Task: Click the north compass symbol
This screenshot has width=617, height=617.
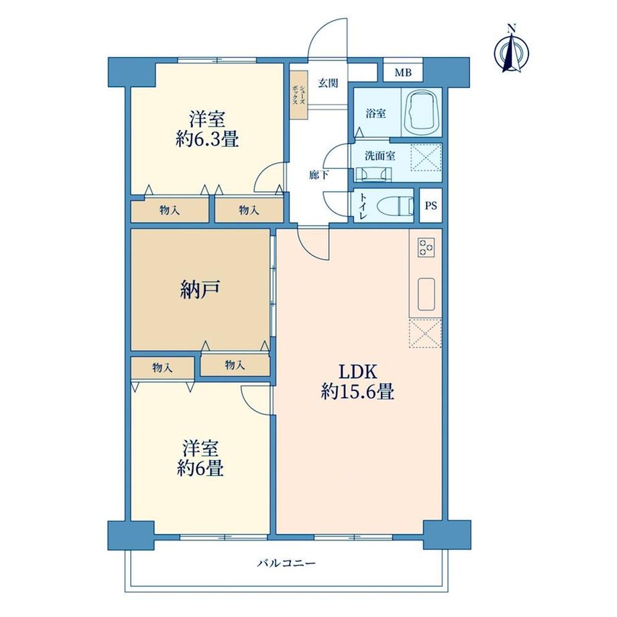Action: pyautogui.click(x=512, y=50)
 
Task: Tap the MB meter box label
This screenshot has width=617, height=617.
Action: pyautogui.click(x=403, y=73)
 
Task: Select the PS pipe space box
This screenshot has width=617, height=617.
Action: pyautogui.click(x=431, y=205)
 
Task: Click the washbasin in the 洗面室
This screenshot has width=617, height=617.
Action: pyautogui.click(x=374, y=174)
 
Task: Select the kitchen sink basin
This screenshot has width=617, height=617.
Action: pyautogui.click(x=426, y=294)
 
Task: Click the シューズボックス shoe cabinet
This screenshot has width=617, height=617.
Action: pyautogui.click(x=298, y=95)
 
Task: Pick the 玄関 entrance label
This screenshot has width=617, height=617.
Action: pyautogui.click(x=328, y=83)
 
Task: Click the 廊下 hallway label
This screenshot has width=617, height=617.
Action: pyautogui.click(x=319, y=175)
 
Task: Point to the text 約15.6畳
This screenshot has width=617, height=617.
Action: pyautogui.click(x=357, y=392)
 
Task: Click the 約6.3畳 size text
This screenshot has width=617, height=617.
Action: pyautogui.click(x=207, y=139)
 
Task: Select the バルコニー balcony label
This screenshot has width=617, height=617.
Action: pyautogui.click(x=286, y=563)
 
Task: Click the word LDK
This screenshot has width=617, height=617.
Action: pyautogui.click(x=358, y=372)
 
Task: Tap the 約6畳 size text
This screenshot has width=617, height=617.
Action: pyautogui.click(x=201, y=468)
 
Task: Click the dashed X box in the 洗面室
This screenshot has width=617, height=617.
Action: pyautogui.click(x=426, y=158)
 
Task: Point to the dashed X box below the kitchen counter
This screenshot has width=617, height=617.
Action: pyautogui.click(x=425, y=333)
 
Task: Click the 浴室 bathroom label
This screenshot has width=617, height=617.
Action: pyautogui.click(x=376, y=114)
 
